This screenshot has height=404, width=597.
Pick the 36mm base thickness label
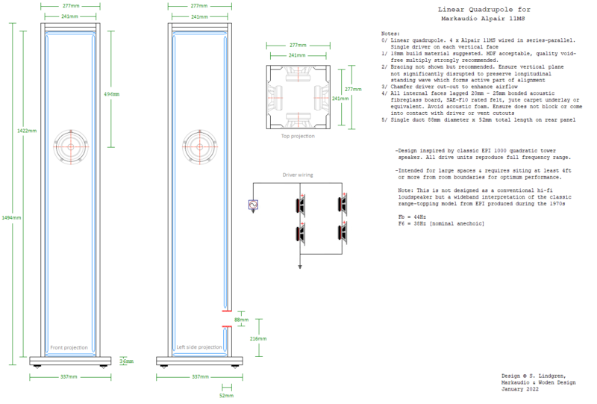coord(126,361)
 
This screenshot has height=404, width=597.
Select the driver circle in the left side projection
coord(199,146)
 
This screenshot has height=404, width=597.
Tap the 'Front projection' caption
coord(69,347)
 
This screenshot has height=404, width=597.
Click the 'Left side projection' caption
coord(199,347)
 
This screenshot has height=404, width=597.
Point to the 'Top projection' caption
coord(298,137)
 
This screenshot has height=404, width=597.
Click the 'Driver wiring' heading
coord(298,175)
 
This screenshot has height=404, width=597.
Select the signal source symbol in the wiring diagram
coord(253,205)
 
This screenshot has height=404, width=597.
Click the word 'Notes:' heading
coord(391,34)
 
